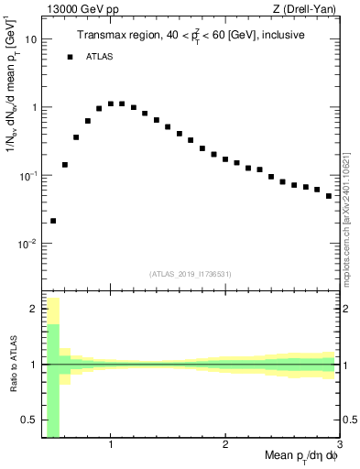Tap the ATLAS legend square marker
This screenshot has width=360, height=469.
coord(70,57)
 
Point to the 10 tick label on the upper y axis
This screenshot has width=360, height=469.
coord(30,39)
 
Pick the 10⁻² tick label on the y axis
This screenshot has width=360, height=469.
coord(28,244)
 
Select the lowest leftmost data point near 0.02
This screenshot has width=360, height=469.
coord(53,221)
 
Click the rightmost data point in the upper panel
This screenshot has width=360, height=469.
coord(329,196)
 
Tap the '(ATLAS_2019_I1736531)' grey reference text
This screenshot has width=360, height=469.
coord(191,274)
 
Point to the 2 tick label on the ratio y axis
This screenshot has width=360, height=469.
coord(34,310)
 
